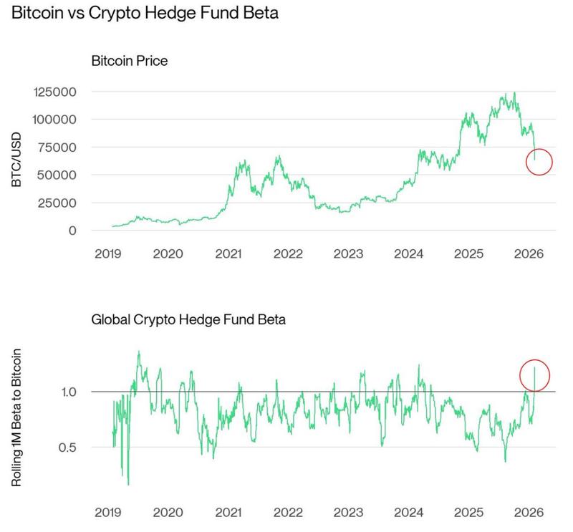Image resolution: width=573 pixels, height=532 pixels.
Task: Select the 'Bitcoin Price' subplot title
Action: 129,61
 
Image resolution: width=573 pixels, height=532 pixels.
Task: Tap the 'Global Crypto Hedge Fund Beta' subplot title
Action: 188,319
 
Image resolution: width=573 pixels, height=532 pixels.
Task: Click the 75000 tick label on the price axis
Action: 61,147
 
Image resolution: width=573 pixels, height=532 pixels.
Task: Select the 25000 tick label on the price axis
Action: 61,203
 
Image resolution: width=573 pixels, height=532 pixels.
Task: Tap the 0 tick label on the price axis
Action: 72,231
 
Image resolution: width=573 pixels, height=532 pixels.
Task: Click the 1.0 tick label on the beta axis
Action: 69,392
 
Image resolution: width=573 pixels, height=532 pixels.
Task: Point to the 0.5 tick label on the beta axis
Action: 69,448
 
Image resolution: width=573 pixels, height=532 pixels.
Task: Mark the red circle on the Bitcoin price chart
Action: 539,163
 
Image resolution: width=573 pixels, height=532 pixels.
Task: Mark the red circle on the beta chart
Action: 534,375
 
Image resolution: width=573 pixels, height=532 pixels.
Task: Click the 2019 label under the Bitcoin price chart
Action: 106,253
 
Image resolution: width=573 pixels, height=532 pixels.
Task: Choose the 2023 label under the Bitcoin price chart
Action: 350,253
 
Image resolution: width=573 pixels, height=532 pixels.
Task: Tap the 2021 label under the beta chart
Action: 228,513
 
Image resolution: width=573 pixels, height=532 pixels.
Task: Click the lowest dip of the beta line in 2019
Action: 128,484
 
